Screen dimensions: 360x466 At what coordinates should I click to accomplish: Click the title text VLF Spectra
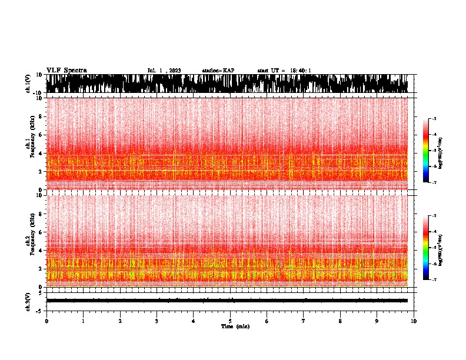[x=66, y=71]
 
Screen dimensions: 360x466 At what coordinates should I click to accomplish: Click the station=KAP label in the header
[x=218, y=71]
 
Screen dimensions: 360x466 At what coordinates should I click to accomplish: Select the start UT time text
[x=284, y=71]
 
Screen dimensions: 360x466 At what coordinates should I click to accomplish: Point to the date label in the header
[x=164, y=71]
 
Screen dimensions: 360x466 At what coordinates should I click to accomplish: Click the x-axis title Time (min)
[x=234, y=326]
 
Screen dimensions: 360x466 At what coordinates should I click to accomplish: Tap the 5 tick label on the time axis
[x=231, y=321]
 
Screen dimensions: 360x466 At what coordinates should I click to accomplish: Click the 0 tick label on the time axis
[x=46, y=321]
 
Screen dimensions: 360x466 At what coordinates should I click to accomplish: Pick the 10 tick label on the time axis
[x=414, y=321]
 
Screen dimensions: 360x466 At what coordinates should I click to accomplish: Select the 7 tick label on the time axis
[x=304, y=321]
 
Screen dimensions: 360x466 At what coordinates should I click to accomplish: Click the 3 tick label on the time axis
[x=157, y=321]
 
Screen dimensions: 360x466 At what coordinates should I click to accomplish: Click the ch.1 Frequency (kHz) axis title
[x=29, y=143]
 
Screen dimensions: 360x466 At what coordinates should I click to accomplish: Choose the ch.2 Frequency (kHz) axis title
[x=29, y=240]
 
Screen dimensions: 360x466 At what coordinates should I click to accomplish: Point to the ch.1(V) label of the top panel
[x=28, y=84]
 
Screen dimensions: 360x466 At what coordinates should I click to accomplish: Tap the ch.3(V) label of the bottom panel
[x=28, y=301]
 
